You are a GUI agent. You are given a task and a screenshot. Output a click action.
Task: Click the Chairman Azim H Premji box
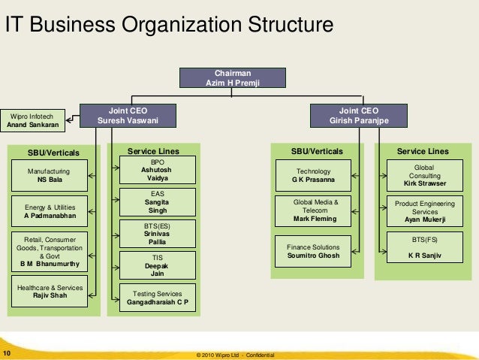233,78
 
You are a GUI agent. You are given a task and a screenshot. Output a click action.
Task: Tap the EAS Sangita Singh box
158,202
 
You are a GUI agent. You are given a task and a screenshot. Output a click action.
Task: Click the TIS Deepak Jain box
158,265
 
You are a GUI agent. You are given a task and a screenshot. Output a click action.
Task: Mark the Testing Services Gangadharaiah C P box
158,298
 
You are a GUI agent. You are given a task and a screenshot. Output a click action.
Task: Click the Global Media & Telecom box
314,210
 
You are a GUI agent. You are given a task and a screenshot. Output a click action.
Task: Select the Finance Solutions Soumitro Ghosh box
314,251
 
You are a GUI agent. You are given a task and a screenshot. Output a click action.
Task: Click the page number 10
7,352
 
